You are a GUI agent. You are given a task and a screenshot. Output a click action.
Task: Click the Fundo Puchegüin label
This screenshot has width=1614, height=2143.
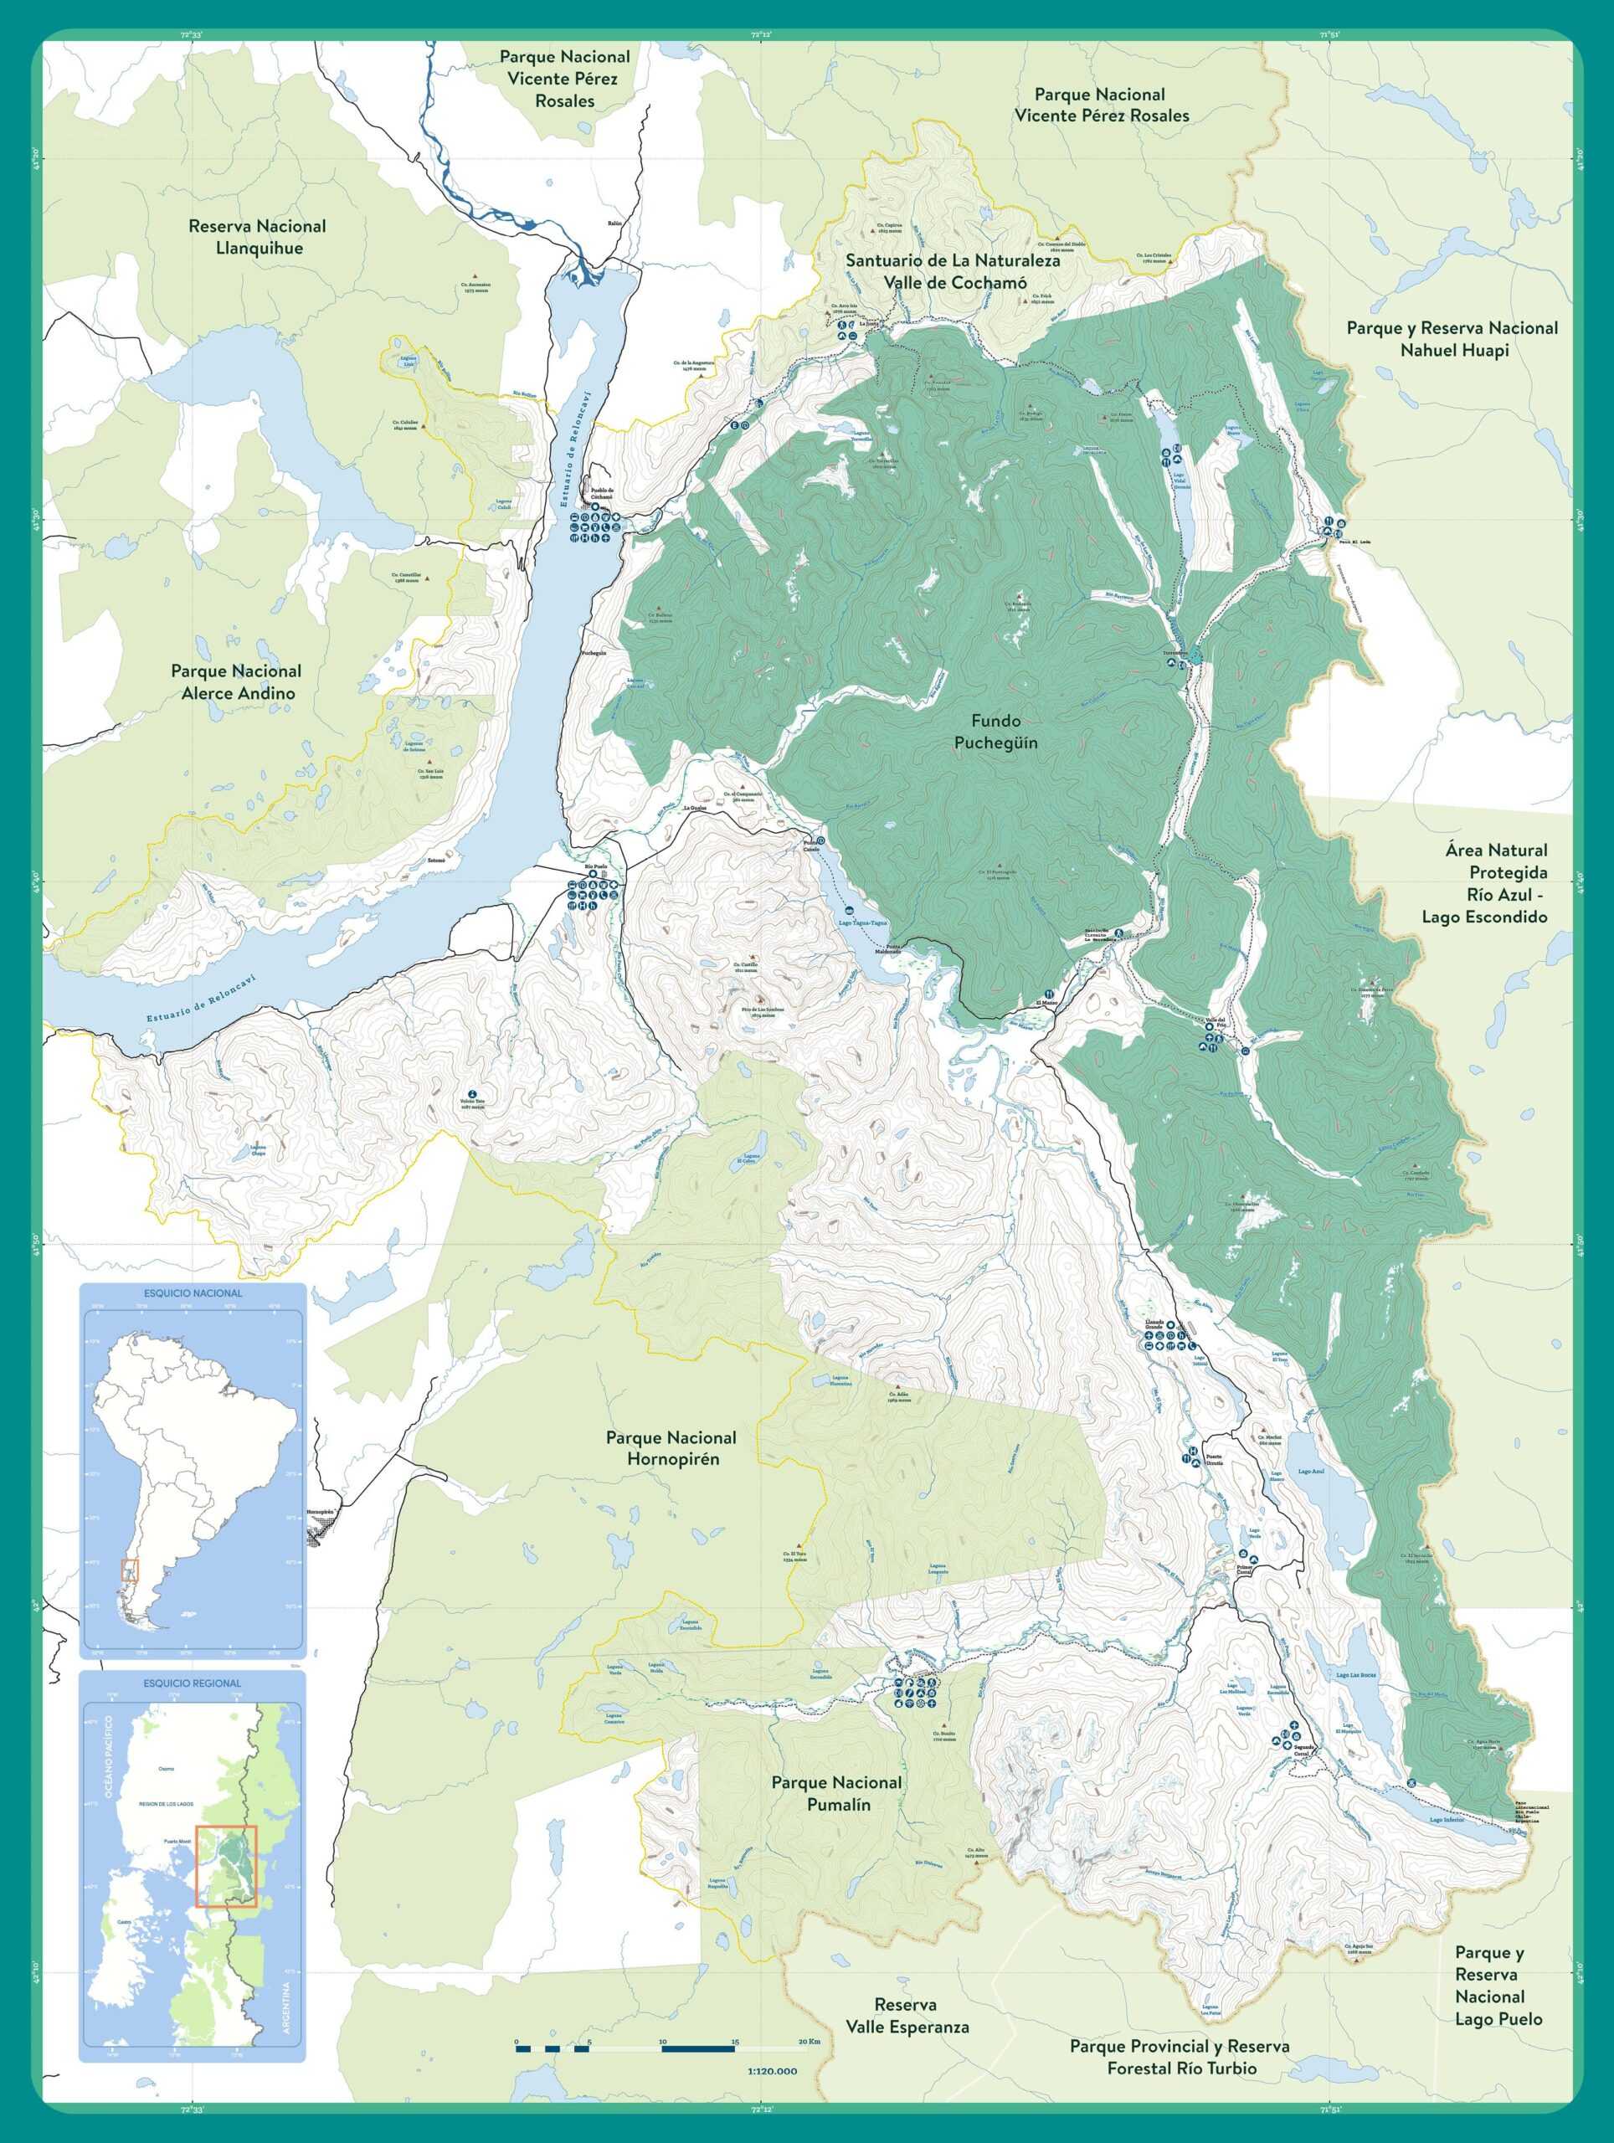click(995, 732)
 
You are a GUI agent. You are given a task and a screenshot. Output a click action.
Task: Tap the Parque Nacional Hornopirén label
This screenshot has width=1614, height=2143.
click(671, 1448)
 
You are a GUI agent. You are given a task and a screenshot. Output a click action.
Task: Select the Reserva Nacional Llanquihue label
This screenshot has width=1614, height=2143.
click(257, 236)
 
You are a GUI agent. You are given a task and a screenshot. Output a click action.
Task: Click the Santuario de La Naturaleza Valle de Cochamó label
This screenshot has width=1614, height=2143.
click(953, 271)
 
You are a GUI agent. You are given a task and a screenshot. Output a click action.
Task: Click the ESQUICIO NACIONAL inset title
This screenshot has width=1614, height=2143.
click(193, 1293)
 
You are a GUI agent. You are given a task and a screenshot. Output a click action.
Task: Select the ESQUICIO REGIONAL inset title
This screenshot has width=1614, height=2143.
click(192, 1683)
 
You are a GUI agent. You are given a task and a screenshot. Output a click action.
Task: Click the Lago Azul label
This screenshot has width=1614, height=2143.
click(1310, 1472)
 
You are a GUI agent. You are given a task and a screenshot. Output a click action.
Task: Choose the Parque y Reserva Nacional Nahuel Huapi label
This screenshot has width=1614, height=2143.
click(1452, 339)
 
